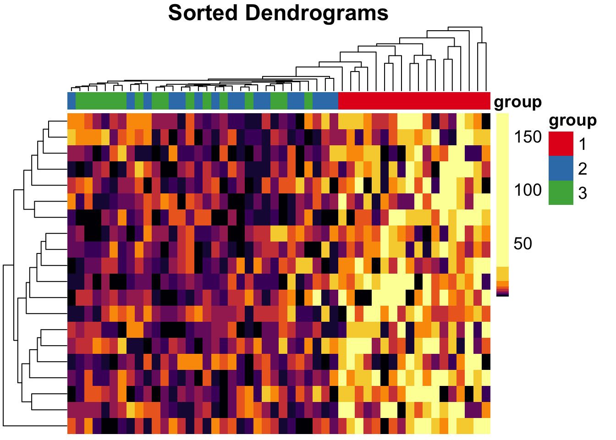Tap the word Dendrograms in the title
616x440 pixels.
click(317, 13)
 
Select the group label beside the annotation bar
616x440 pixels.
click(517, 102)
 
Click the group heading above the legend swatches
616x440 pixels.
click(572, 120)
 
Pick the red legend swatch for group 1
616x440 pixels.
click(561, 144)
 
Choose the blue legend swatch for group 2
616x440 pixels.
click(561, 168)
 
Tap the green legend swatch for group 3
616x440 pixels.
click(561, 192)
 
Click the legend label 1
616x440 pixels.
click(582, 144)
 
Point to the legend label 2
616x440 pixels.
click(582, 169)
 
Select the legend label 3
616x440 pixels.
click(582, 193)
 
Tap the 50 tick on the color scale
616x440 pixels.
click(523, 243)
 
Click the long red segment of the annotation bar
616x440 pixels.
click(414, 100)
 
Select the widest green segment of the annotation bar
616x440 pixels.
click(101, 100)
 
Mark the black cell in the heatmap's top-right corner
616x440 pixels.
click(486, 121)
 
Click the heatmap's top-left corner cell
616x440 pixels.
click(71, 121)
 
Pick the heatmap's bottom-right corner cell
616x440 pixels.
click(486, 426)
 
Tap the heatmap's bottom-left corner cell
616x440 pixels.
click(71, 426)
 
